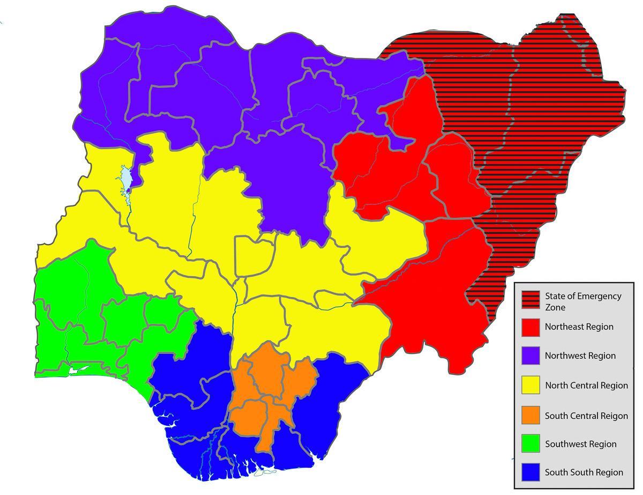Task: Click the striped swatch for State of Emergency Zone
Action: (530, 300)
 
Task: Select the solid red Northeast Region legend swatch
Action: (530, 327)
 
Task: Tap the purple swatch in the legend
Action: (530, 356)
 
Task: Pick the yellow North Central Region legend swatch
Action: (530, 386)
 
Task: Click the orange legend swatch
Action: (530, 415)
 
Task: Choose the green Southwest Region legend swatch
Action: (530, 444)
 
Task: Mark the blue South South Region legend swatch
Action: (530, 472)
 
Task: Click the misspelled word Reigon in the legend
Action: (614, 416)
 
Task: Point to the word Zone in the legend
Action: (555, 308)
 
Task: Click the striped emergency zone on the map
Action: (536, 134)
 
